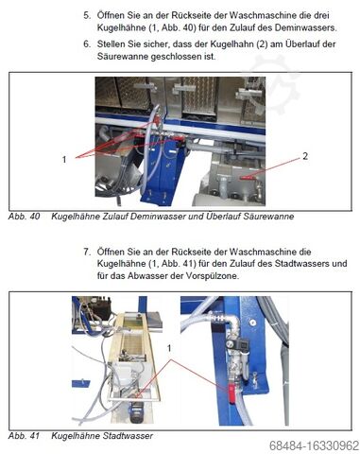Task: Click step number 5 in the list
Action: [87, 15]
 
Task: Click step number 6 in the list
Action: [87, 44]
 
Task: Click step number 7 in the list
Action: [87, 252]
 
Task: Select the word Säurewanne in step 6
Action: [123, 57]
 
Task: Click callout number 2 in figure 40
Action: [305, 156]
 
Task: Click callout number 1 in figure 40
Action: [64, 160]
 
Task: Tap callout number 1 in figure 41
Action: [169, 348]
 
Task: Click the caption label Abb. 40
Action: [25, 217]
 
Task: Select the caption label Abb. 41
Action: [25, 436]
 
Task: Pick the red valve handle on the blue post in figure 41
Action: [231, 393]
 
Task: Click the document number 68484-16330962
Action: [314, 446]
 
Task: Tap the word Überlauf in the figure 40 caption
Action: [223, 217]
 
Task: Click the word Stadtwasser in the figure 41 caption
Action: [128, 436]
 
